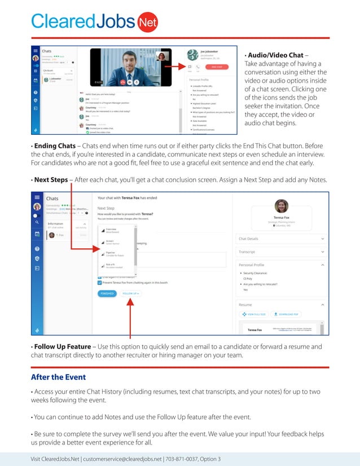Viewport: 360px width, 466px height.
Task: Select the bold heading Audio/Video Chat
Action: pos(275,55)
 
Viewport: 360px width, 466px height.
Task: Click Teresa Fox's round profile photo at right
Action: pos(281,206)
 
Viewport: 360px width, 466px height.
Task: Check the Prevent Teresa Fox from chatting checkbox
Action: pos(100,283)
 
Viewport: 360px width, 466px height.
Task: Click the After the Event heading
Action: pos(58,377)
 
